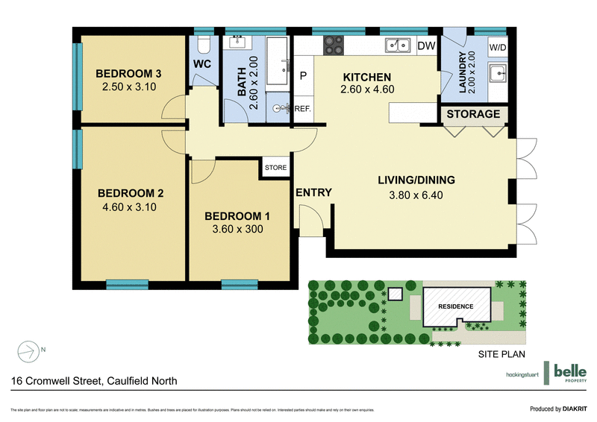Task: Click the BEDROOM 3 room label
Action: coord(130,74)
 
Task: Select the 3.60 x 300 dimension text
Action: coord(237,230)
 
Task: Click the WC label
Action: coord(202,64)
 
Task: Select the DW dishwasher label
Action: coord(426,46)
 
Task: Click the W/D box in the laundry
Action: coord(497,48)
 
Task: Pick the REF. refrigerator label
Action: coord(302,109)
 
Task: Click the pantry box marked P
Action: coord(304,76)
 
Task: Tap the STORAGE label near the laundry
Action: coord(475,114)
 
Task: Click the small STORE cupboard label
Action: coord(275,168)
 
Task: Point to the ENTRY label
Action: coord(313,192)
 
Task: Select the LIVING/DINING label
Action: coord(416,180)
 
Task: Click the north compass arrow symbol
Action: coord(28,349)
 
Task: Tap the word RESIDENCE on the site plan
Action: coord(455,306)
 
